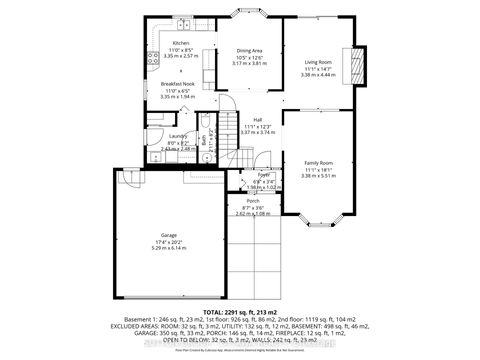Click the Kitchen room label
180,44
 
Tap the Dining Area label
249,50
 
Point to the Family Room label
319,163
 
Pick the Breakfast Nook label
181,84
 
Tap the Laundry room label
178,136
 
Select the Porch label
253,201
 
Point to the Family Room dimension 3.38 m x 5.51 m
319,175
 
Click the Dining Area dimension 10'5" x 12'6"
249,56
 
